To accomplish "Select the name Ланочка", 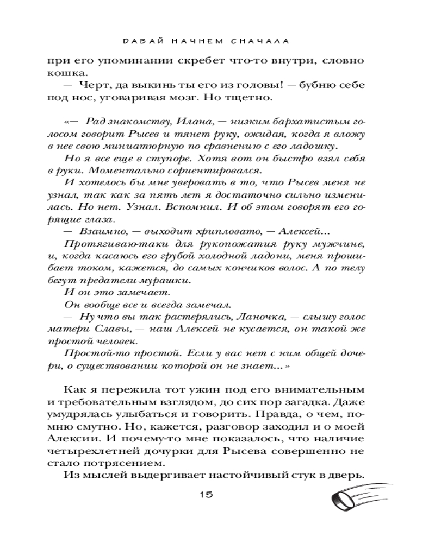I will (263, 317).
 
